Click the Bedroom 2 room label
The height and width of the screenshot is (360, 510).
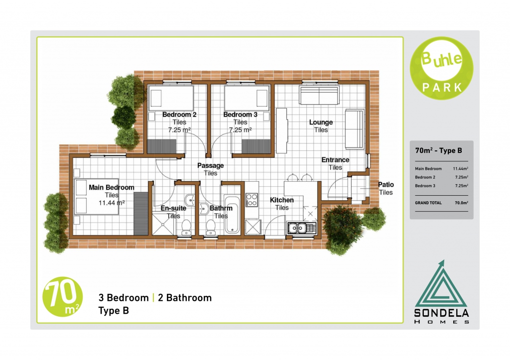[179, 115]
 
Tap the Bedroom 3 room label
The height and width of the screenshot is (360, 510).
[241, 115]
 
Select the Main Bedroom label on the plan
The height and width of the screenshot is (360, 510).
[112, 187]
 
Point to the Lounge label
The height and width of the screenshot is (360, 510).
[321, 122]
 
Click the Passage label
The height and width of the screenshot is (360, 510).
[211, 165]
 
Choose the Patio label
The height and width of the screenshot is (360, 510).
[386, 184]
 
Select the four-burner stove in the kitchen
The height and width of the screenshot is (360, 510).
[252, 200]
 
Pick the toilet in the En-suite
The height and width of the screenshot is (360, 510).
[186, 227]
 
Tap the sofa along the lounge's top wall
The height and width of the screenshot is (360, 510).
[319, 95]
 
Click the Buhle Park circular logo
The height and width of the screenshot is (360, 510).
[441, 68]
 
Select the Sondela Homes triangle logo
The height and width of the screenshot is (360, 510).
[441, 292]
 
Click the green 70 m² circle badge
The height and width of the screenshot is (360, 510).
[62, 297]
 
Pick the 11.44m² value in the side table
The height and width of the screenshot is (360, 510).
[460, 169]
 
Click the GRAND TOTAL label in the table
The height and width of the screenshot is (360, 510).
[428, 203]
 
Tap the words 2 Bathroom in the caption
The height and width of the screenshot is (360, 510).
[185, 298]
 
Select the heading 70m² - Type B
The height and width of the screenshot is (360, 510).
[438, 150]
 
